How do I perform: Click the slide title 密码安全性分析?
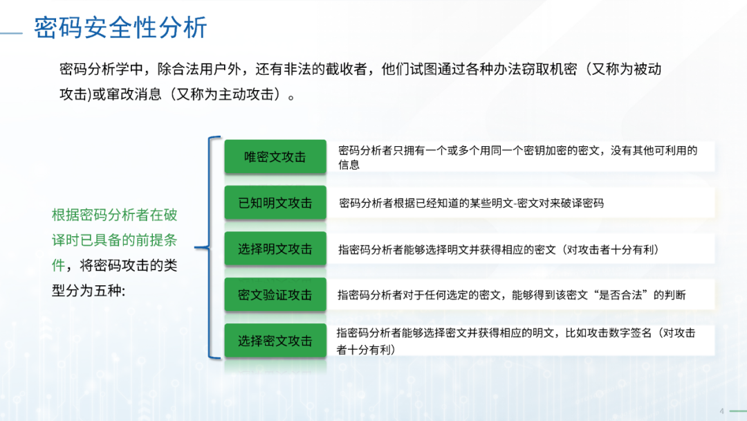pos(120,27)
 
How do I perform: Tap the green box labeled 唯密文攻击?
pos(275,156)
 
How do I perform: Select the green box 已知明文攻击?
pos(275,203)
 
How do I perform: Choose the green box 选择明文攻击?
pos(275,249)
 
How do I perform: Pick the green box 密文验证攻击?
pos(275,295)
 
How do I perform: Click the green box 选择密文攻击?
pos(275,341)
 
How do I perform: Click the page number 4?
pos(721,411)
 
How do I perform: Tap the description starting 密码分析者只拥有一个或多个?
pos(518,157)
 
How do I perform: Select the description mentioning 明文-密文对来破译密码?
pos(471,204)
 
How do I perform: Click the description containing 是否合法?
pos(512,295)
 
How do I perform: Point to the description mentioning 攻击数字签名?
pos(516,341)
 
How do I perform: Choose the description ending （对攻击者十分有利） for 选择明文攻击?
pos(499,249)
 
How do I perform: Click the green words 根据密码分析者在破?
pos(114,215)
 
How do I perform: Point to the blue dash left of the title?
pos(12,33)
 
